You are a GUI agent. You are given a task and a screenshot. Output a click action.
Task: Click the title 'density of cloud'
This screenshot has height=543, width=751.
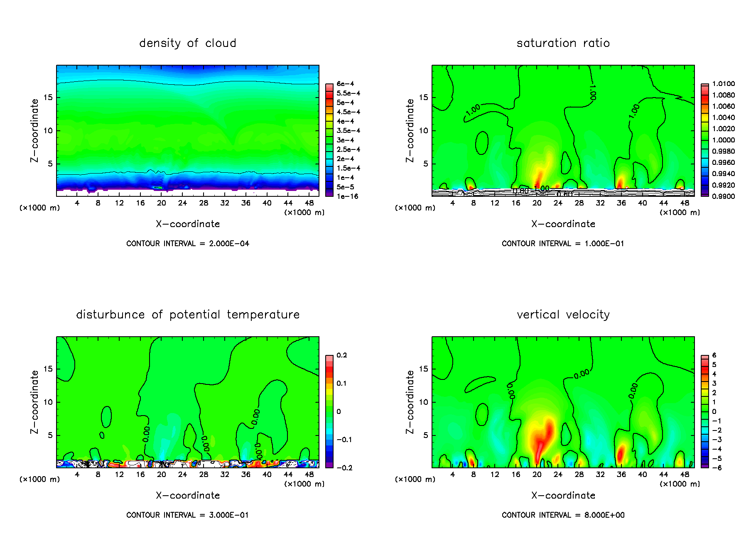click(x=187, y=43)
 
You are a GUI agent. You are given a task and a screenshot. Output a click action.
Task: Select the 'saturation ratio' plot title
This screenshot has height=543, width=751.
click(x=563, y=43)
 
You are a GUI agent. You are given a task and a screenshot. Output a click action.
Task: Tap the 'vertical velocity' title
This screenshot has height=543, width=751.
click(x=563, y=315)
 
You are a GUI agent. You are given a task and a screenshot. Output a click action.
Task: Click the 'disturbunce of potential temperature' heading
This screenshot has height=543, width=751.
click(x=187, y=315)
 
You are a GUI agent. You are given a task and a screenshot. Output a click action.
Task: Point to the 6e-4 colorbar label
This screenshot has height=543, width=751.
click(x=345, y=84)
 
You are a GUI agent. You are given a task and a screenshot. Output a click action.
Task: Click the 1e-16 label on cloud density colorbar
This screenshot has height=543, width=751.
click(x=347, y=196)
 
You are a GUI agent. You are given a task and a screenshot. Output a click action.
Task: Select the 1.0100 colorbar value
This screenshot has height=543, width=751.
click(x=723, y=84)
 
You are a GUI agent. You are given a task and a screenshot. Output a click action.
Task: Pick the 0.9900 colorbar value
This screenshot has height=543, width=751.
click(x=723, y=196)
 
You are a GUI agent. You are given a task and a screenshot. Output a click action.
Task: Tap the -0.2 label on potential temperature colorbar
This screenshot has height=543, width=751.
click(x=344, y=468)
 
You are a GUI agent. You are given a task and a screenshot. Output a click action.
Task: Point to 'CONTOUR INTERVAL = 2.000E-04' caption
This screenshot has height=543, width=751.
click(x=187, y=244)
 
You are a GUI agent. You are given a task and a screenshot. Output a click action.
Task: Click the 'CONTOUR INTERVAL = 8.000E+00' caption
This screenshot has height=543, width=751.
click(x=563, y=515)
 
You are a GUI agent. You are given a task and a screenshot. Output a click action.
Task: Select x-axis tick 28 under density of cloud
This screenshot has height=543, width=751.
click(x=204, y=203)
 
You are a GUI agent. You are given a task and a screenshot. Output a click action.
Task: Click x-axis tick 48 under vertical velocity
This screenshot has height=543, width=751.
click(x=685, y=475)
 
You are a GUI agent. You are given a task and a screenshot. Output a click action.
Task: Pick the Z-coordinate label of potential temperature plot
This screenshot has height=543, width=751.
click(x=34, y=402)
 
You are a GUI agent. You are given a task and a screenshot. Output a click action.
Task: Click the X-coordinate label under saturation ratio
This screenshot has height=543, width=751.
click(x=563, y=224)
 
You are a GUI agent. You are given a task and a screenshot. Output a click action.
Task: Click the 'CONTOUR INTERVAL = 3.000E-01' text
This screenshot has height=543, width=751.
click(x=187, y=515)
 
